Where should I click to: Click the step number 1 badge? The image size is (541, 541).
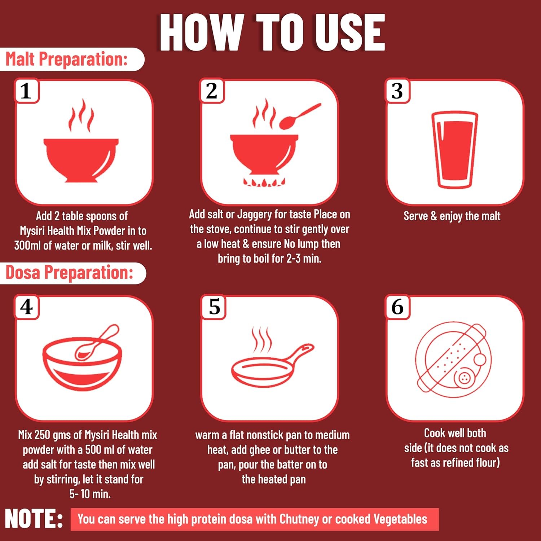(26, 91)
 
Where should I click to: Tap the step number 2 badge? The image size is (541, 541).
(212, 91)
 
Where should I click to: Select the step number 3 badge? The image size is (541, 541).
(397, 91)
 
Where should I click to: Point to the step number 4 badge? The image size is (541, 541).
(26, 307)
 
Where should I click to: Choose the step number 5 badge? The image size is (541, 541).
(214, 307)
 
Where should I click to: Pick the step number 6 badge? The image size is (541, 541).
(397, 307)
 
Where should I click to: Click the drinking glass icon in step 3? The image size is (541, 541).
(455, 150)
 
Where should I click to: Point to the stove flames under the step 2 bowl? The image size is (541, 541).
(264, 182)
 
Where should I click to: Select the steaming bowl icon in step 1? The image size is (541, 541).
(81, 141)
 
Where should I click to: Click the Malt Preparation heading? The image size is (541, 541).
(67, 59)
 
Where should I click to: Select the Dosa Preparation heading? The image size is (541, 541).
(70, 272)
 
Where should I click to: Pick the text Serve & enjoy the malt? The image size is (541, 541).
(452, 216)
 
